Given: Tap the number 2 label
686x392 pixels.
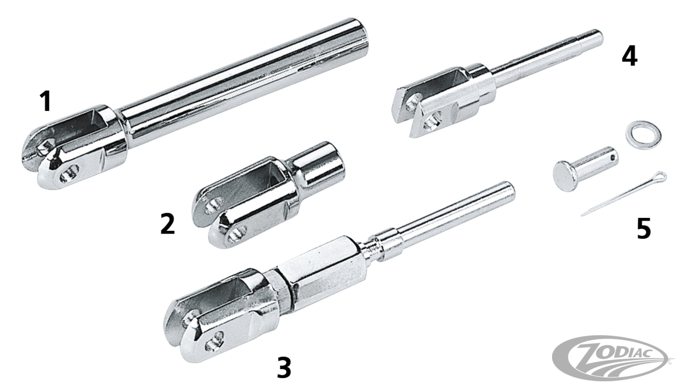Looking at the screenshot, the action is (x=168, y=224).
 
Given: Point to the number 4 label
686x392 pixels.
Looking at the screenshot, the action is (x=630, y=57).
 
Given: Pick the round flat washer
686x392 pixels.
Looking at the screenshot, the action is (x=643, y=135).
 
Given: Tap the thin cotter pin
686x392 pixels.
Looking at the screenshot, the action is (x=623, y=194).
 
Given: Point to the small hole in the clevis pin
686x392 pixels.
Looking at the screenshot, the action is (x=612, y=158).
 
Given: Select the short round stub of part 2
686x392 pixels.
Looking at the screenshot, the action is (x=318, y=164).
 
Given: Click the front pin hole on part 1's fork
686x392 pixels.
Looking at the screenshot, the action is (x=69, y=173).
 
